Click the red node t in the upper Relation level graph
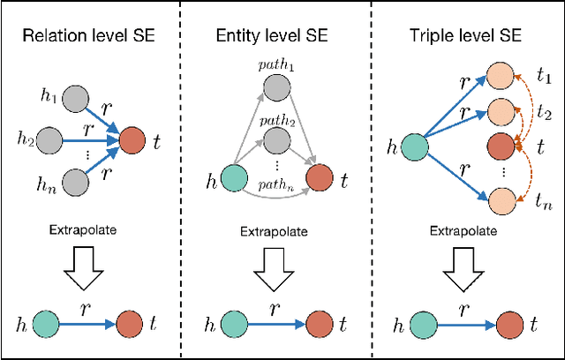click(x=131, y=138)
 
